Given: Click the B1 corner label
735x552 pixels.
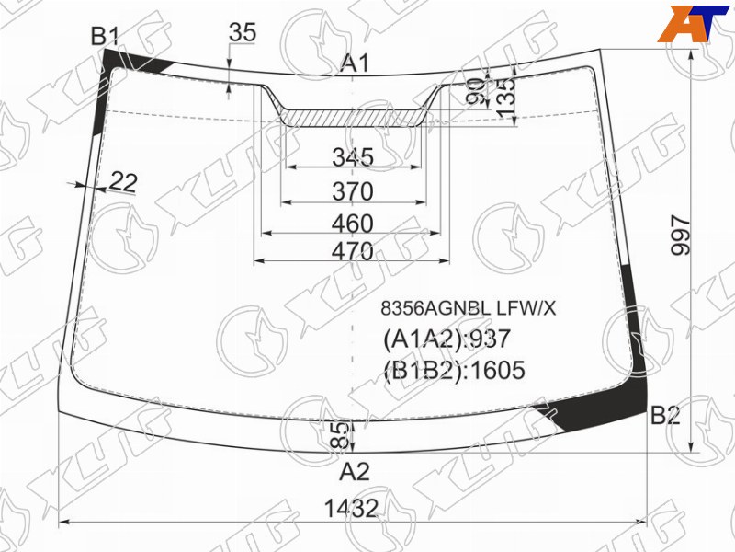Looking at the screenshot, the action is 105,36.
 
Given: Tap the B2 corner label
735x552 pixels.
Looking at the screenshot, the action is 665,415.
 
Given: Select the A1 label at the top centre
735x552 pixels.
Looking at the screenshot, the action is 356,63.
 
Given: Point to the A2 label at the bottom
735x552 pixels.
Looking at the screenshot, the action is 355,471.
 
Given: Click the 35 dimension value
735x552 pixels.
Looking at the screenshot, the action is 243,32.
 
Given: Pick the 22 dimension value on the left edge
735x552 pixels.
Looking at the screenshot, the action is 123,182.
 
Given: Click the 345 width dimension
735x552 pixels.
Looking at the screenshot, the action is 353,156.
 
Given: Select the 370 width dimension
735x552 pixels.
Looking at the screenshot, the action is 353,191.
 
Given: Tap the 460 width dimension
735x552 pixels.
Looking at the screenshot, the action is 353,224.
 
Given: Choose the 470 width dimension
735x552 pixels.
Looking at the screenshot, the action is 353,251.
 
